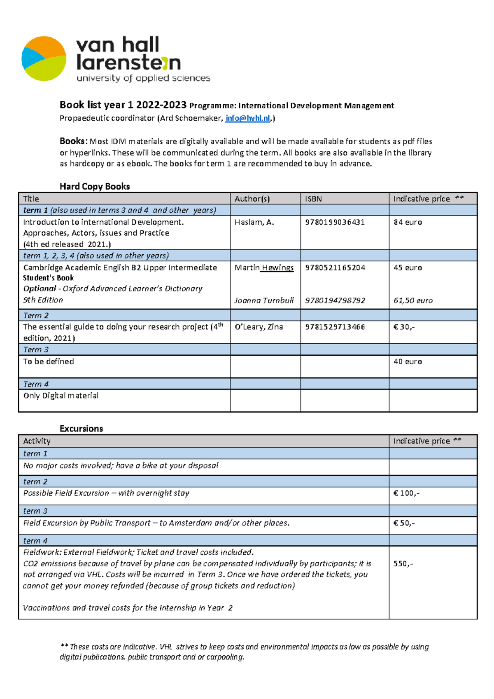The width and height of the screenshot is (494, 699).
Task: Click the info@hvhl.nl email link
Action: pos(248,118)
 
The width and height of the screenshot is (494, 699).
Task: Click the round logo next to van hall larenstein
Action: pos(44,59)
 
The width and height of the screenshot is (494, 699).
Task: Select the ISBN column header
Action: pos(313,199)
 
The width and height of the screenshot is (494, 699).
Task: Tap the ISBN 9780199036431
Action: pos(335,222)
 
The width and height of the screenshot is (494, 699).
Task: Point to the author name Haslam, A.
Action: pos(254,222)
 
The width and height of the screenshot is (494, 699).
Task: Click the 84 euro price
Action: pos(408,222)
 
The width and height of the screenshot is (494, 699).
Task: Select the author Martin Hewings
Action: pos(264,267)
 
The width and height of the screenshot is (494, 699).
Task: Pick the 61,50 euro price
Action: pos(413,300)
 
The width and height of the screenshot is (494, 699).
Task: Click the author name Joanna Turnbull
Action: pos(264,300)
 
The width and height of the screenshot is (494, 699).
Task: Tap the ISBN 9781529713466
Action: pos(335,327)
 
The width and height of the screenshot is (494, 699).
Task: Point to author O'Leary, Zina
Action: pos(259,327)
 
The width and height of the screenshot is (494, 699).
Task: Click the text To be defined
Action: pos(49,361)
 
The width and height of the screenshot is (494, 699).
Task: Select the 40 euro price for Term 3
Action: pos(408,361)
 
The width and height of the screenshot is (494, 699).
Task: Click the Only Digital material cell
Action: pos(61,396)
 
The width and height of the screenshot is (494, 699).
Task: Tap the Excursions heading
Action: pos(81,429)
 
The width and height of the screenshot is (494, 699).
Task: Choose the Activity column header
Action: pos(37,441)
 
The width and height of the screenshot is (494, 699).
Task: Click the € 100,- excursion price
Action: pos(406,493)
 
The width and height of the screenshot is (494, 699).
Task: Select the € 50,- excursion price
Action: pos(404,523)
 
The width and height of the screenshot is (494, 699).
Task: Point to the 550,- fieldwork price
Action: pos(403,563)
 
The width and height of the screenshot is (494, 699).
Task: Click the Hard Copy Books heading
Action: pos(95,186)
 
